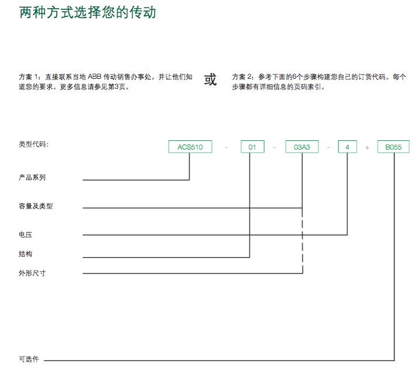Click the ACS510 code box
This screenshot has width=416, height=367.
click(190, 147)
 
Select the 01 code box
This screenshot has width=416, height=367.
click(252, 147)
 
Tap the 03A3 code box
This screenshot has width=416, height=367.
click(302, 147)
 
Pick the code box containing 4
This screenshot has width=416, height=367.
click(348, 147)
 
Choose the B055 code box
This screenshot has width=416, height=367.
click(393, 147)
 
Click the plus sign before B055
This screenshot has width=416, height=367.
click(367, 148)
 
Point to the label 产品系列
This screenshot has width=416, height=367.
click(32, 177)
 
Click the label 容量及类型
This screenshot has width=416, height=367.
click(36, 206)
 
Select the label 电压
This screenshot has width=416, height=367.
click(26, 234)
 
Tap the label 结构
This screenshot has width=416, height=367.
click(26, 254)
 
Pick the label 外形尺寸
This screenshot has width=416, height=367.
click(32, 273)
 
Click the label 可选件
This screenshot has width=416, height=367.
click(29, 359)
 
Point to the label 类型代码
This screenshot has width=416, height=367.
click(34, 144)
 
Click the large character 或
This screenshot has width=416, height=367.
click(211, 79)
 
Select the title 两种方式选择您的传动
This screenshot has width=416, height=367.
click(88, 12)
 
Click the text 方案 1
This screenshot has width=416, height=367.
click(29, 77)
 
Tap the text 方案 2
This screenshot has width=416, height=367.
click(242, 77)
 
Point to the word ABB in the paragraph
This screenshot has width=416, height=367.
click(95, 77)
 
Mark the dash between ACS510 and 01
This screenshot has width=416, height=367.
click(226, 148)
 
